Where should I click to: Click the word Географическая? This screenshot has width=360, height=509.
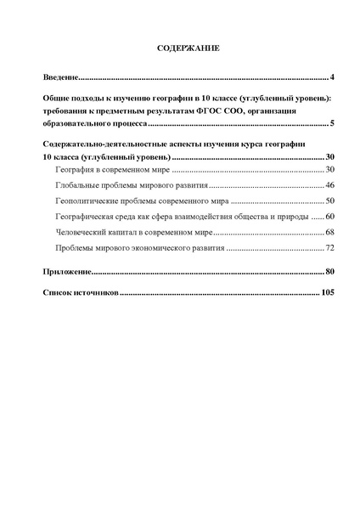point(86,216)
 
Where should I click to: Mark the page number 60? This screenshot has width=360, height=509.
point(330,216)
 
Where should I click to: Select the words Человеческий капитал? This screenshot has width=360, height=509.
point(98,231)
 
